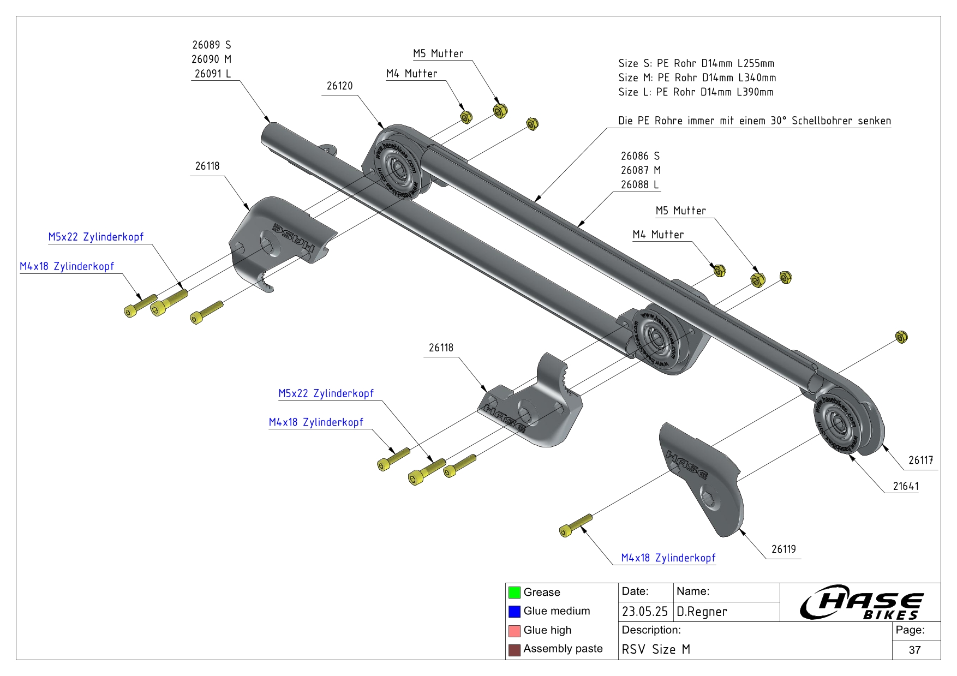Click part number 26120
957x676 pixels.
pyautogui.click(x=339, y=86)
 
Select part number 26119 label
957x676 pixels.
pyautogui.click(x=783, y=549)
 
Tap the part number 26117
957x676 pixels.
pyautogui.click(x=920, y=460)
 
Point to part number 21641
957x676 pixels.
pyautogui.click(x=905, y=486)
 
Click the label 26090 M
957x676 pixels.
pyautogui.click(x=211, y=59)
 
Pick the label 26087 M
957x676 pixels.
pyautogui.click(x=641, y=170)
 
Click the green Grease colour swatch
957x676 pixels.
pyautogui.click(x=514, y=592)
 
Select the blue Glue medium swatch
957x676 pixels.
pyautogui.click(x=514, y=611)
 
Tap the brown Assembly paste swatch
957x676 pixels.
pyautogui.click(x=514, y=649)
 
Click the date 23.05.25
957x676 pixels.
pyautogui.click(x=645, y=612)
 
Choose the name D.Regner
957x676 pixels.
pyautogui.click(x=702, y=612)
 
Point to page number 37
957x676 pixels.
pyautogui.click(x=915, y=650)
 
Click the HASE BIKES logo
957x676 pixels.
pyautogui.click(x=860, y=602)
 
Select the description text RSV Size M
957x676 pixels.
pyautogui.click(x=656, y=649)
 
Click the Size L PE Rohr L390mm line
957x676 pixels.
pyautogui.click(x=696, y=92)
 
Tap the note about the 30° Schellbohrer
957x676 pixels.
pyautogui.click(x=754, y=121)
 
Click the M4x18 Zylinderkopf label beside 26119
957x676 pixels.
pyautogui.click(x=668, y=558)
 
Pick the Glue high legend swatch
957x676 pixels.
pyautogui.click(x=514, y=631)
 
